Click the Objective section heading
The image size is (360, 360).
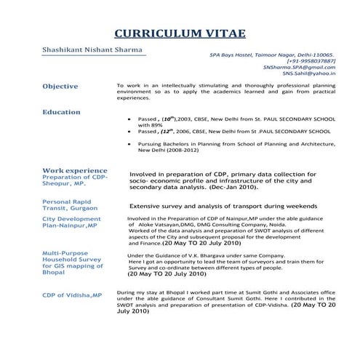[60, 87]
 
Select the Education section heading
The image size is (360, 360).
[61, 112]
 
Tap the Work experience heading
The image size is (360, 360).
[74, 170]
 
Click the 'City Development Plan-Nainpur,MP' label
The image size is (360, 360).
[71, 222]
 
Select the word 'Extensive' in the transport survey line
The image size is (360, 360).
[148, 207]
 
